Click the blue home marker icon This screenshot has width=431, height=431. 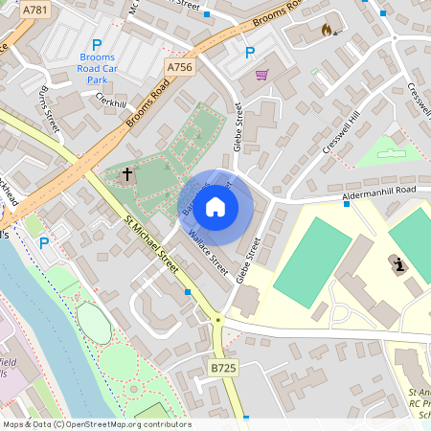coord(215,206)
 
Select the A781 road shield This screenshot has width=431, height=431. coord(34,11)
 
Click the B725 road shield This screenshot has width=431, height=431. coord(223,368)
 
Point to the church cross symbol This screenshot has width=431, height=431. coord(127,175)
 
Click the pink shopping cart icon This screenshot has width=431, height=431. coord(261,75)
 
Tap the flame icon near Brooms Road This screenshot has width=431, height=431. coord(327,30)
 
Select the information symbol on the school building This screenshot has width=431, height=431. coord(397,262)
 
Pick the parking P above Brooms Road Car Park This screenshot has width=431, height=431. coord(96,45)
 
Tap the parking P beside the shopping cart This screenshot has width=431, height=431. coord(250,53)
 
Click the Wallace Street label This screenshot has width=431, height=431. coord(207,250)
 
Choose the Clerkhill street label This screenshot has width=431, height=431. coord(111,102)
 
